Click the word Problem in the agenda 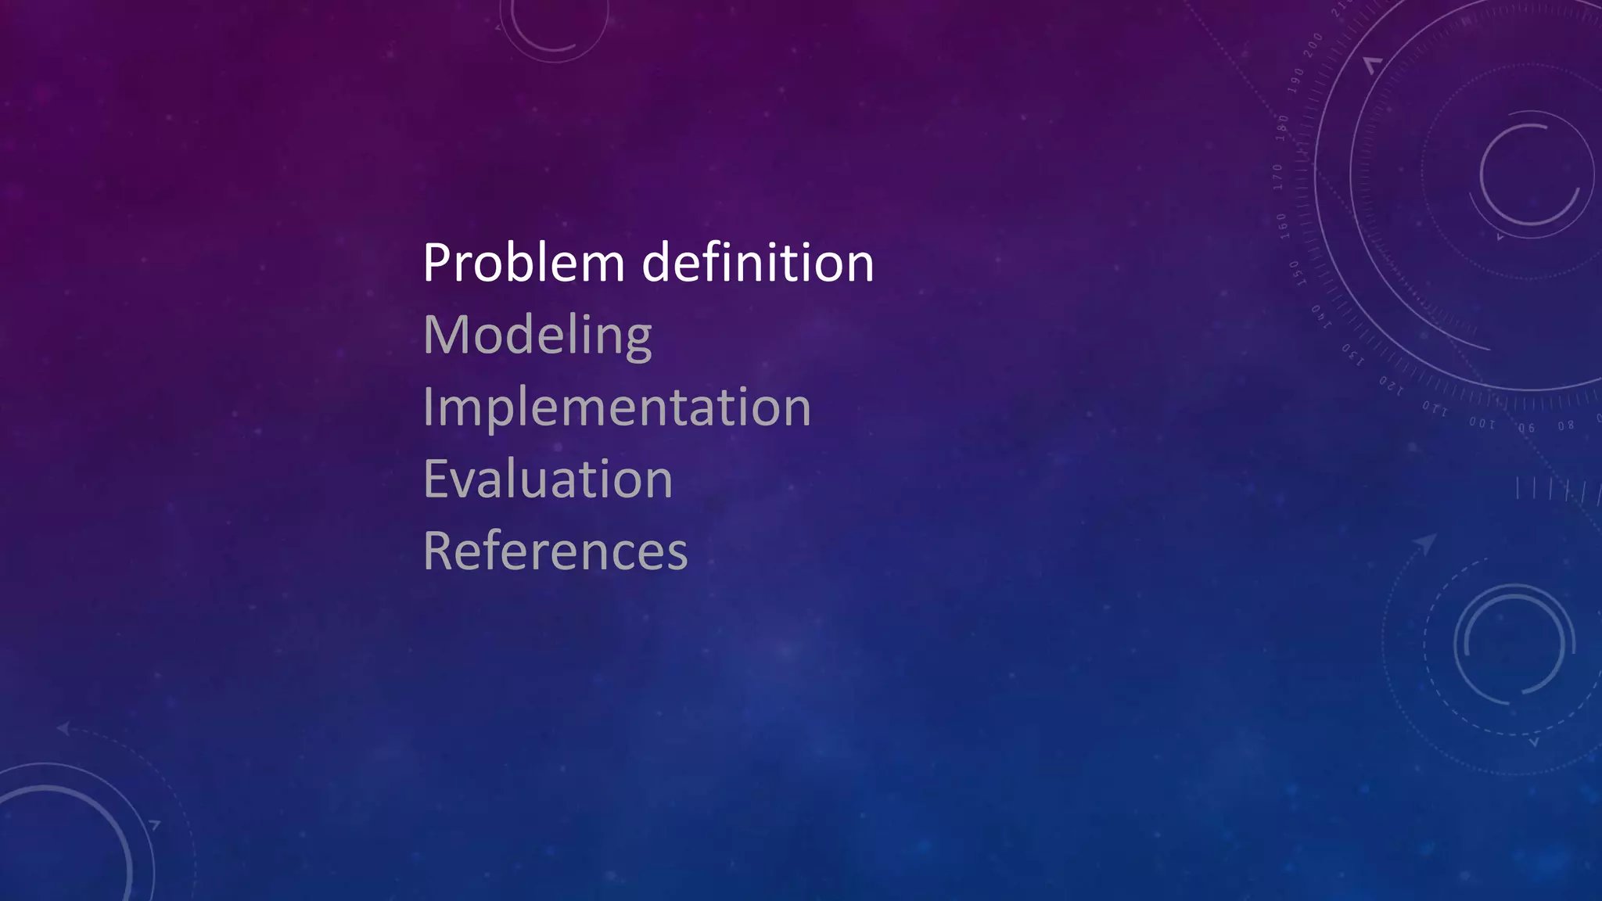(x=523, y=263)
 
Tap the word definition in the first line (x=757, y=263)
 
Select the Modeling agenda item (x=537, y=336)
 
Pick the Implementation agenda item (x=616, y=407)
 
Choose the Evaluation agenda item (x=548, y=479)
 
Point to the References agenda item (x=555, y=551)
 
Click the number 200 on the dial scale (x=1313, y=44)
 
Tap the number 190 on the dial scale (x=1296, y=80)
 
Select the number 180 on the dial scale (x=1283, y=127)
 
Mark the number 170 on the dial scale (x=1277, y=177)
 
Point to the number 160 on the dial (x=1282, y=225)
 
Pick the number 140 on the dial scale (x=1320, y=316)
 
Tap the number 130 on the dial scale (x=1352, y=354)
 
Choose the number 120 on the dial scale (x=1391, y=385)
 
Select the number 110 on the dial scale (x=1435, y=408)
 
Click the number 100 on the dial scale (x=1482, y=423)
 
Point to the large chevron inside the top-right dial (x=1372, y=65)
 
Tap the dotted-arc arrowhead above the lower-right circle (x=1427, y=543)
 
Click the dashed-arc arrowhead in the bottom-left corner (x=63, y=729)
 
